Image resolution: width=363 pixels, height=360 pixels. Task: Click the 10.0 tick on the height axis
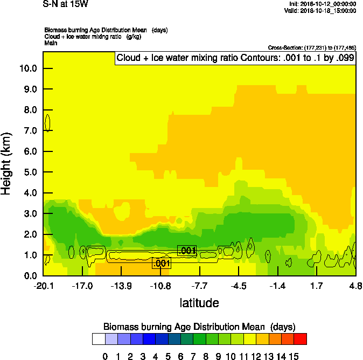pyautogui.click(x=29, y=68)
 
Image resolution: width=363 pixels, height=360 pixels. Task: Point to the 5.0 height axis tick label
pyautogui.click(x=29, y=172)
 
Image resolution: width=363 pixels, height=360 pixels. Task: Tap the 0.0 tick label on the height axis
pyautogui.click(x=29, y=276)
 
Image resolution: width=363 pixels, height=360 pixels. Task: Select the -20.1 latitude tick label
pyautogui.click(x=43, y=285)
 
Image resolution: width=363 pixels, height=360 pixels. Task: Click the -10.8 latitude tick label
pyautogui.click(x=160, y=285)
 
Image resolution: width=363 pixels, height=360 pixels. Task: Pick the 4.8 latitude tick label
pyautogui.click(x=355, y=285)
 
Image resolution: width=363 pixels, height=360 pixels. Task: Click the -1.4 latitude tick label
pyautogui.click(x=277, y=285)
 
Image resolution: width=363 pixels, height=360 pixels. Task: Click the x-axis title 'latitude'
pyautogui.click(x=199, y=303)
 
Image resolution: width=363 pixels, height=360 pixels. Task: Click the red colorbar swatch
pyautogui.click(x=301, y=339)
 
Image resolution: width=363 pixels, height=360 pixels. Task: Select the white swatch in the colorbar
pyautogui.click(x=99, y=339)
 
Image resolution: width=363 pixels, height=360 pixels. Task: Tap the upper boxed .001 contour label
pyautogui.click(x=187, y=251)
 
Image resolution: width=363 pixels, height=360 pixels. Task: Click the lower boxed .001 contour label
pyautogui.click(x=162, y=264)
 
